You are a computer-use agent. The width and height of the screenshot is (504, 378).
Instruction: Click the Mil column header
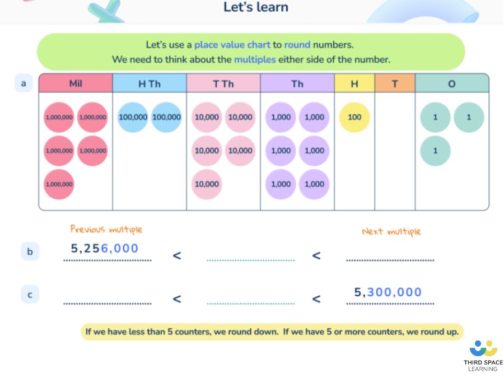click(76, 83)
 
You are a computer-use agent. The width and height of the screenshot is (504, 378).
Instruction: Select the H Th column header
click(150, 83)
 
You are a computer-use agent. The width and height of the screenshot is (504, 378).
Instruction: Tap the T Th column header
click(223, 83)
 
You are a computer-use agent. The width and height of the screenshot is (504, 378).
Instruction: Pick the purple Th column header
click(297, 83)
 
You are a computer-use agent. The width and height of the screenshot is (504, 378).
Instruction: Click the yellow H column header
click(354, 83)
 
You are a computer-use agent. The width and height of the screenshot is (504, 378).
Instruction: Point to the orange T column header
click(395, 83)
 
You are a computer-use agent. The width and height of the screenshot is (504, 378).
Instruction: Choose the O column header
click(452, 83)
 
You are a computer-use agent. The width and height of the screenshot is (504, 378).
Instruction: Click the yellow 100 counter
click(354, 117)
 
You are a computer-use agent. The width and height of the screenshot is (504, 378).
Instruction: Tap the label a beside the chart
click(24, 83)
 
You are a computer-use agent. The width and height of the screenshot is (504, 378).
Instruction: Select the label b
click(30, 251)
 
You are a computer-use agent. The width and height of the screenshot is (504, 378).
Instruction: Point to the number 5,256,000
click(105, 248)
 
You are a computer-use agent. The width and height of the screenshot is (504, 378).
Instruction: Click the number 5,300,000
click(388, 292)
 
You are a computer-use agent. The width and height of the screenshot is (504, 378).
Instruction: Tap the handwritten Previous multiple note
click(106, 229)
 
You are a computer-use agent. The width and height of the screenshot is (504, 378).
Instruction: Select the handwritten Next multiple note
click(391, 231)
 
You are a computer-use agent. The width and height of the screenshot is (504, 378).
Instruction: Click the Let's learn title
click(256, 7)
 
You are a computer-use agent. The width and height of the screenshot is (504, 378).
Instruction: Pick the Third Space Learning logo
click(483, 356)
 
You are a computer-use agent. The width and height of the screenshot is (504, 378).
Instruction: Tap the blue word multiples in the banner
click(255, 59)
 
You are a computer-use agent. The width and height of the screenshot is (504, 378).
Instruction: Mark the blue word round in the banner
click(297, 44)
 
